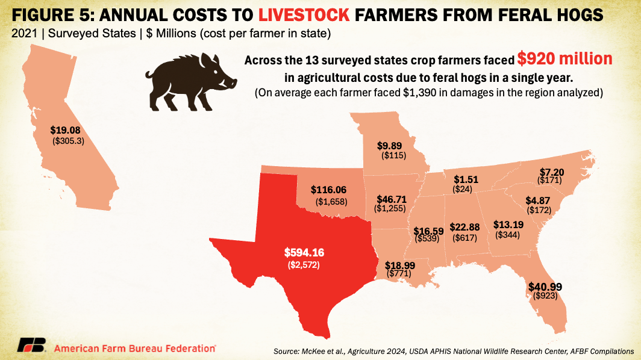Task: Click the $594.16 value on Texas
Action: (x=304, y=253)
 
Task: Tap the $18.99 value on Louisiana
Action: (x=401, y=265)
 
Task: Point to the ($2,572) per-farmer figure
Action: (x=304, y=265)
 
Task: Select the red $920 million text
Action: (x=564, y=60)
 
